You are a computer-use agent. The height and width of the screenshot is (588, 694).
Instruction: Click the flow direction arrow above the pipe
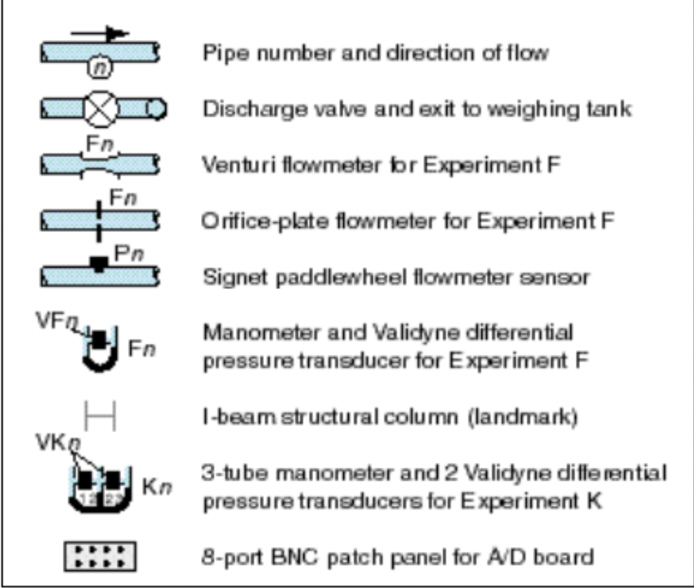click(x=100, y=33)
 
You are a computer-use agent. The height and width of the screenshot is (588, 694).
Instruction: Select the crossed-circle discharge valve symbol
click(x=100, y=111)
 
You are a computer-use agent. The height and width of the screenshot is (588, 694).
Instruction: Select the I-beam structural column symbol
click(x=99, y=417)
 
